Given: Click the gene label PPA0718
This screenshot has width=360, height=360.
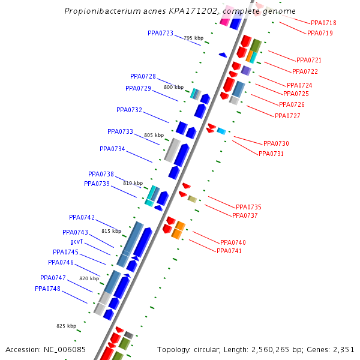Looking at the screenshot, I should click(x=323, y=23).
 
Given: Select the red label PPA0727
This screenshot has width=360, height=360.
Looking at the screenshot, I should click(x=287, y=116).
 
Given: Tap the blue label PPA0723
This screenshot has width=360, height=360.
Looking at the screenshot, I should click(x=160, y=33).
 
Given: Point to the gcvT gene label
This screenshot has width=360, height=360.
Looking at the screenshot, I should click(x=76, y=241).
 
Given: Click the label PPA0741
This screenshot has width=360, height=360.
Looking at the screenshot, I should click(x=229, y=251).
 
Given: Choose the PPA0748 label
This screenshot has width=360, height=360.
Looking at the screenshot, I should click(x=47, y=289).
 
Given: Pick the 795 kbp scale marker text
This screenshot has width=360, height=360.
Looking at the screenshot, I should click(x=193, y=38).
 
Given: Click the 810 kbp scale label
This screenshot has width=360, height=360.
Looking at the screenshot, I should click(x=133, y=183).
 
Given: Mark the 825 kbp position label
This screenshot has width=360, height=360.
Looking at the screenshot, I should click(x=66, y=326).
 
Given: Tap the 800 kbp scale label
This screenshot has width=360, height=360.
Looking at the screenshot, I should click(x=173, y=87).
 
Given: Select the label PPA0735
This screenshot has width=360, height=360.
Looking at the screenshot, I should click(x=248, y=207).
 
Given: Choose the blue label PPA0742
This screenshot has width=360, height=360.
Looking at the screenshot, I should click(x=82, y=217).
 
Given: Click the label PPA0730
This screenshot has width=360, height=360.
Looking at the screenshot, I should click(x=276, y=143).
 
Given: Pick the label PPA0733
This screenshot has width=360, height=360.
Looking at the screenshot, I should click(x=120, y=131).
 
